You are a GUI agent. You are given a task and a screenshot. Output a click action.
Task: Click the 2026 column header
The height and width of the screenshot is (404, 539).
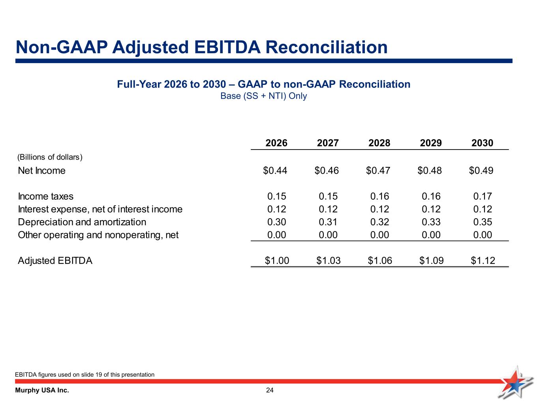point(276,143)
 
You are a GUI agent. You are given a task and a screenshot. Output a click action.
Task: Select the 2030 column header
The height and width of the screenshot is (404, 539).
point(482,143)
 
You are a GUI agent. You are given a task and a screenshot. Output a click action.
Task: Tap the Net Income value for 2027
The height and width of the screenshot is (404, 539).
point(327,170)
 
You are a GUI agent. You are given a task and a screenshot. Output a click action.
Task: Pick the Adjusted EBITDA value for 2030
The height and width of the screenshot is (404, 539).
point(483,261)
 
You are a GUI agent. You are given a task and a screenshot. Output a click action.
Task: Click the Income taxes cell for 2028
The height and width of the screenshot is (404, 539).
point(379,196)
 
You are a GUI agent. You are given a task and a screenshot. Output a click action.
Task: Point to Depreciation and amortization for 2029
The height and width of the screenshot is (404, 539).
point(431,222)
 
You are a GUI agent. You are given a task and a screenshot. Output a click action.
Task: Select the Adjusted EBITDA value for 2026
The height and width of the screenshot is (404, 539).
point(277,261)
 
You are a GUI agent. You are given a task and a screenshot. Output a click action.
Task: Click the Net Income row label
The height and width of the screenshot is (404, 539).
point(42,171)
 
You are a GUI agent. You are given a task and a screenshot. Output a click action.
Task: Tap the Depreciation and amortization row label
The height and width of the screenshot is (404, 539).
point(82,222)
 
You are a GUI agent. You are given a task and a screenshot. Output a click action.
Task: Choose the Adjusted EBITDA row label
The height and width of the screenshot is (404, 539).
point(55,261)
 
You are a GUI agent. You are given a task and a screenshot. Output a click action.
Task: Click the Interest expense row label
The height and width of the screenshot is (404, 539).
point(100,209)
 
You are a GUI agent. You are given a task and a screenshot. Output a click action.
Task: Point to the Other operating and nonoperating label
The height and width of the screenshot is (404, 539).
point(98,235)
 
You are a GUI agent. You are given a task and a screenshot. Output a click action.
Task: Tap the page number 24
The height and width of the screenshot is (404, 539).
point(270,391)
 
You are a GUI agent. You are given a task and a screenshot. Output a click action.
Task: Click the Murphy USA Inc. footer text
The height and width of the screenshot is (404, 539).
point(42,391)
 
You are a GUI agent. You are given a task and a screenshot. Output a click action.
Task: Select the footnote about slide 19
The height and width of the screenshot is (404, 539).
point(85,374)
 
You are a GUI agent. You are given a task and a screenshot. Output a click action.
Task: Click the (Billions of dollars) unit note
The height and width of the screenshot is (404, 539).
point(50,157)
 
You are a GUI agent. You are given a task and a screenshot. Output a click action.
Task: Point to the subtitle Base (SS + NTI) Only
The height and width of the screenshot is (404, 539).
point(263,96)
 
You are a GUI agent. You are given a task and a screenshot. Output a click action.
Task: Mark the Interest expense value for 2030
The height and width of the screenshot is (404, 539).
point(483,209)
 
